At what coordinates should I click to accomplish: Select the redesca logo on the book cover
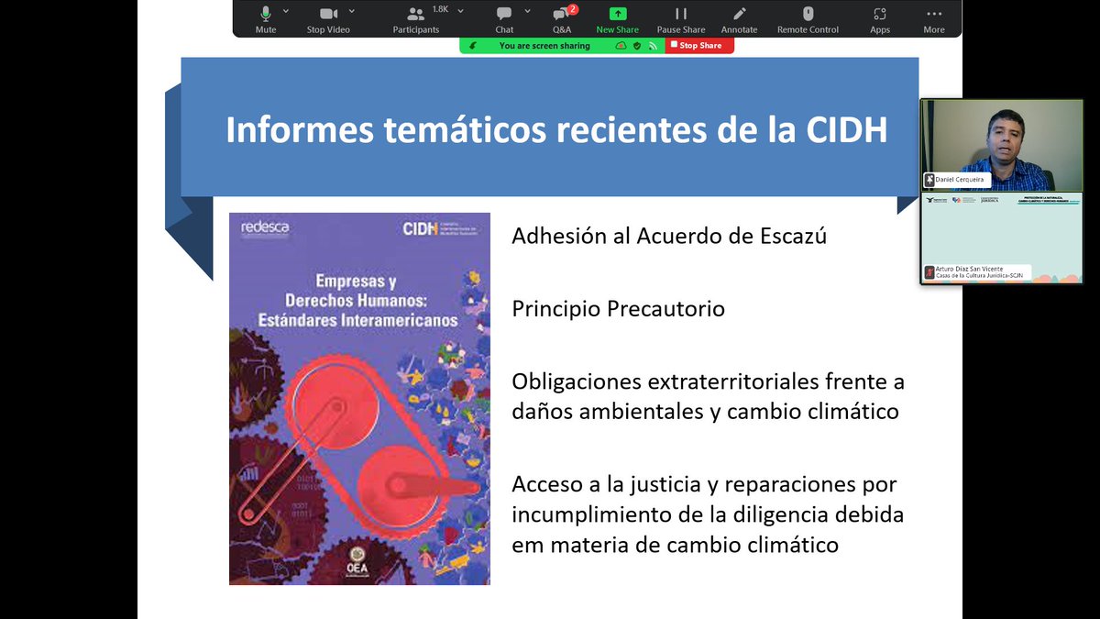tap(264, 227)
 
